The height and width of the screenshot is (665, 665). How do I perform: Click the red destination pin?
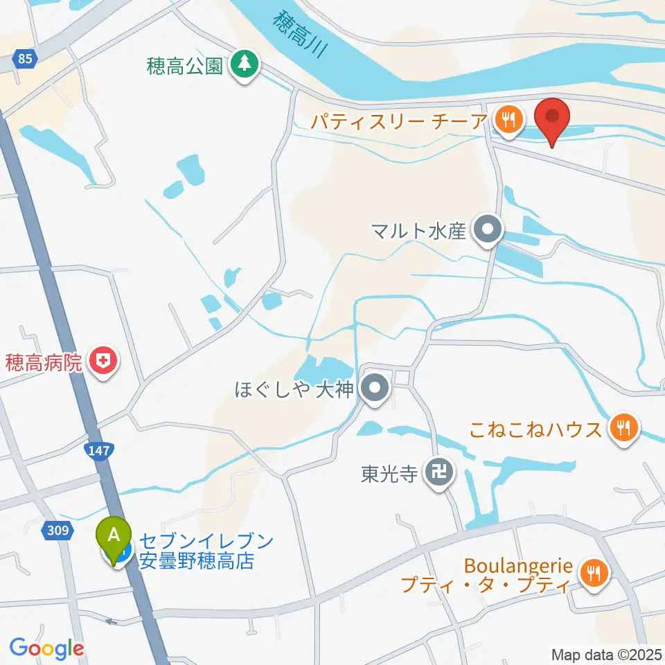[x=553, y=120]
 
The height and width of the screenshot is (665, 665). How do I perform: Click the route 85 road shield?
[x=26, y=60]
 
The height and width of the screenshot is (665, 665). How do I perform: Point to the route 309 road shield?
[x=58, y=531]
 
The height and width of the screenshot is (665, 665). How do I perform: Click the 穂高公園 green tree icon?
[x=243, y=65]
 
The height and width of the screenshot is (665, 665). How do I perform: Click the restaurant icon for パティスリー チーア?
[x=509, y=121]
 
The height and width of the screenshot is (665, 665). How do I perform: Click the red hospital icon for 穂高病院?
[x=104, y=360]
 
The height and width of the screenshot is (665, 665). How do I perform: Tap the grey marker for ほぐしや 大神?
[x=375, y=389]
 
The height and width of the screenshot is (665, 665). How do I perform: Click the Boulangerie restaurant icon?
[x=594, y=572]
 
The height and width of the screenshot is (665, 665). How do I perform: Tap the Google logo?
[x=46, y=648]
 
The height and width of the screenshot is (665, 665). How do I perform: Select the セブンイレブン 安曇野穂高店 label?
[x=206, y=551]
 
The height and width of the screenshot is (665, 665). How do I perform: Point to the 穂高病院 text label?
[x=44, y=361]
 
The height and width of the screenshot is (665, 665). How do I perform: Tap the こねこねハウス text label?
[x=535, y=429]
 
